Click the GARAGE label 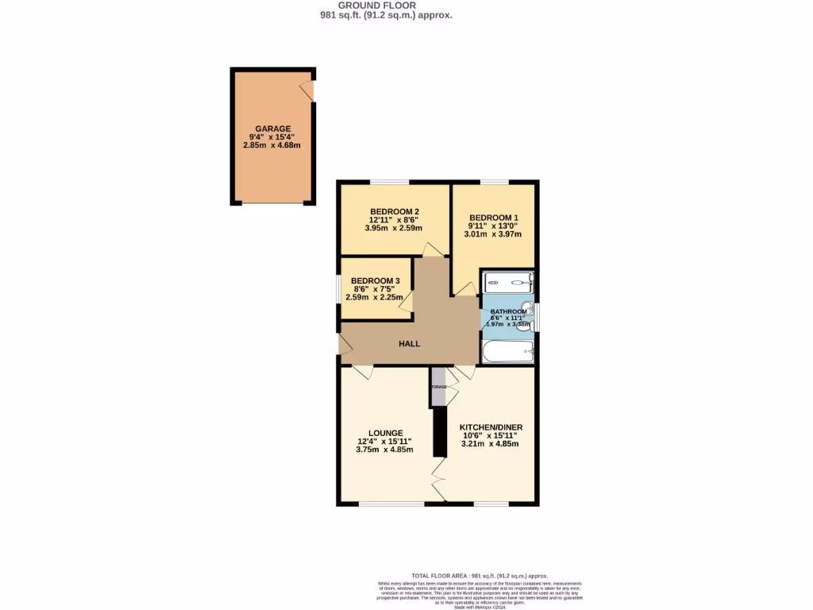272,129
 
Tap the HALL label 409,344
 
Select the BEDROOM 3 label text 375,281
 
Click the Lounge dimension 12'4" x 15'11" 385,442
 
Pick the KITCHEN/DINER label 491,427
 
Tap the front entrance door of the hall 345,345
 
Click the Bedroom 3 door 406,301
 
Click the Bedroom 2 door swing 433,249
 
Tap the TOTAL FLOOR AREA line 479,576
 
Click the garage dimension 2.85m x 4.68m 272,145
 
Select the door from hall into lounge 362,372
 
